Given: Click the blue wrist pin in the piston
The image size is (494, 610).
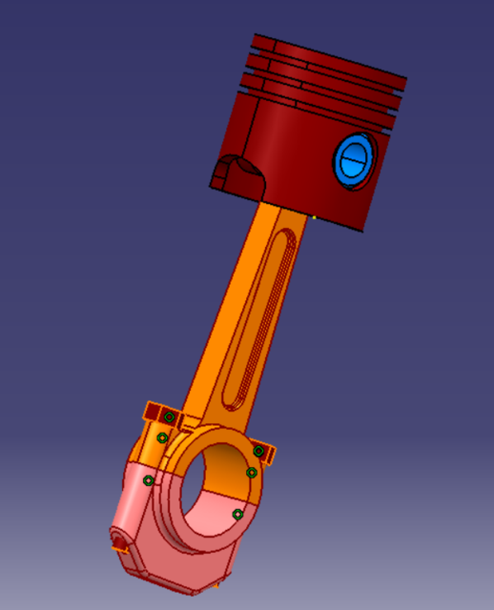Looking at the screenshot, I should (x=355, y=159).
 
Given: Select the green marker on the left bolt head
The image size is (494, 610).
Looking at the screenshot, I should (x=169, y=417).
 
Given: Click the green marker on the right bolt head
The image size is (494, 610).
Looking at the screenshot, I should (x=258, y=451).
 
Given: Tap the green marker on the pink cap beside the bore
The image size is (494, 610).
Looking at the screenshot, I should (x=237, y=515).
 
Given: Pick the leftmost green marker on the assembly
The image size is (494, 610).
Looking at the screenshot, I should (x=148, y=480).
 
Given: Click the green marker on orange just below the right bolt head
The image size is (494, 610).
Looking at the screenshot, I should (x=252, y=473).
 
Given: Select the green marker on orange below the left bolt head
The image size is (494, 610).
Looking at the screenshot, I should (x=162, y=438).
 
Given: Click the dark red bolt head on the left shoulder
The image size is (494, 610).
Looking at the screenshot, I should (x=155, y=413).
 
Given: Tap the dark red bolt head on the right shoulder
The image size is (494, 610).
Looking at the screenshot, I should (x=267, y=448).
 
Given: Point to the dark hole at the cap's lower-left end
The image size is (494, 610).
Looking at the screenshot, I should (x=120, y=541).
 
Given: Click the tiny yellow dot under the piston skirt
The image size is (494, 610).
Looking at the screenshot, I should (x=314, y=217).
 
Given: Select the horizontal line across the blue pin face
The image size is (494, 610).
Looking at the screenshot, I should (x=355, y=160).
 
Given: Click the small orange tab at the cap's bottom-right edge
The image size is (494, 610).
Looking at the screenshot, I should (x=221, y=579).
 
